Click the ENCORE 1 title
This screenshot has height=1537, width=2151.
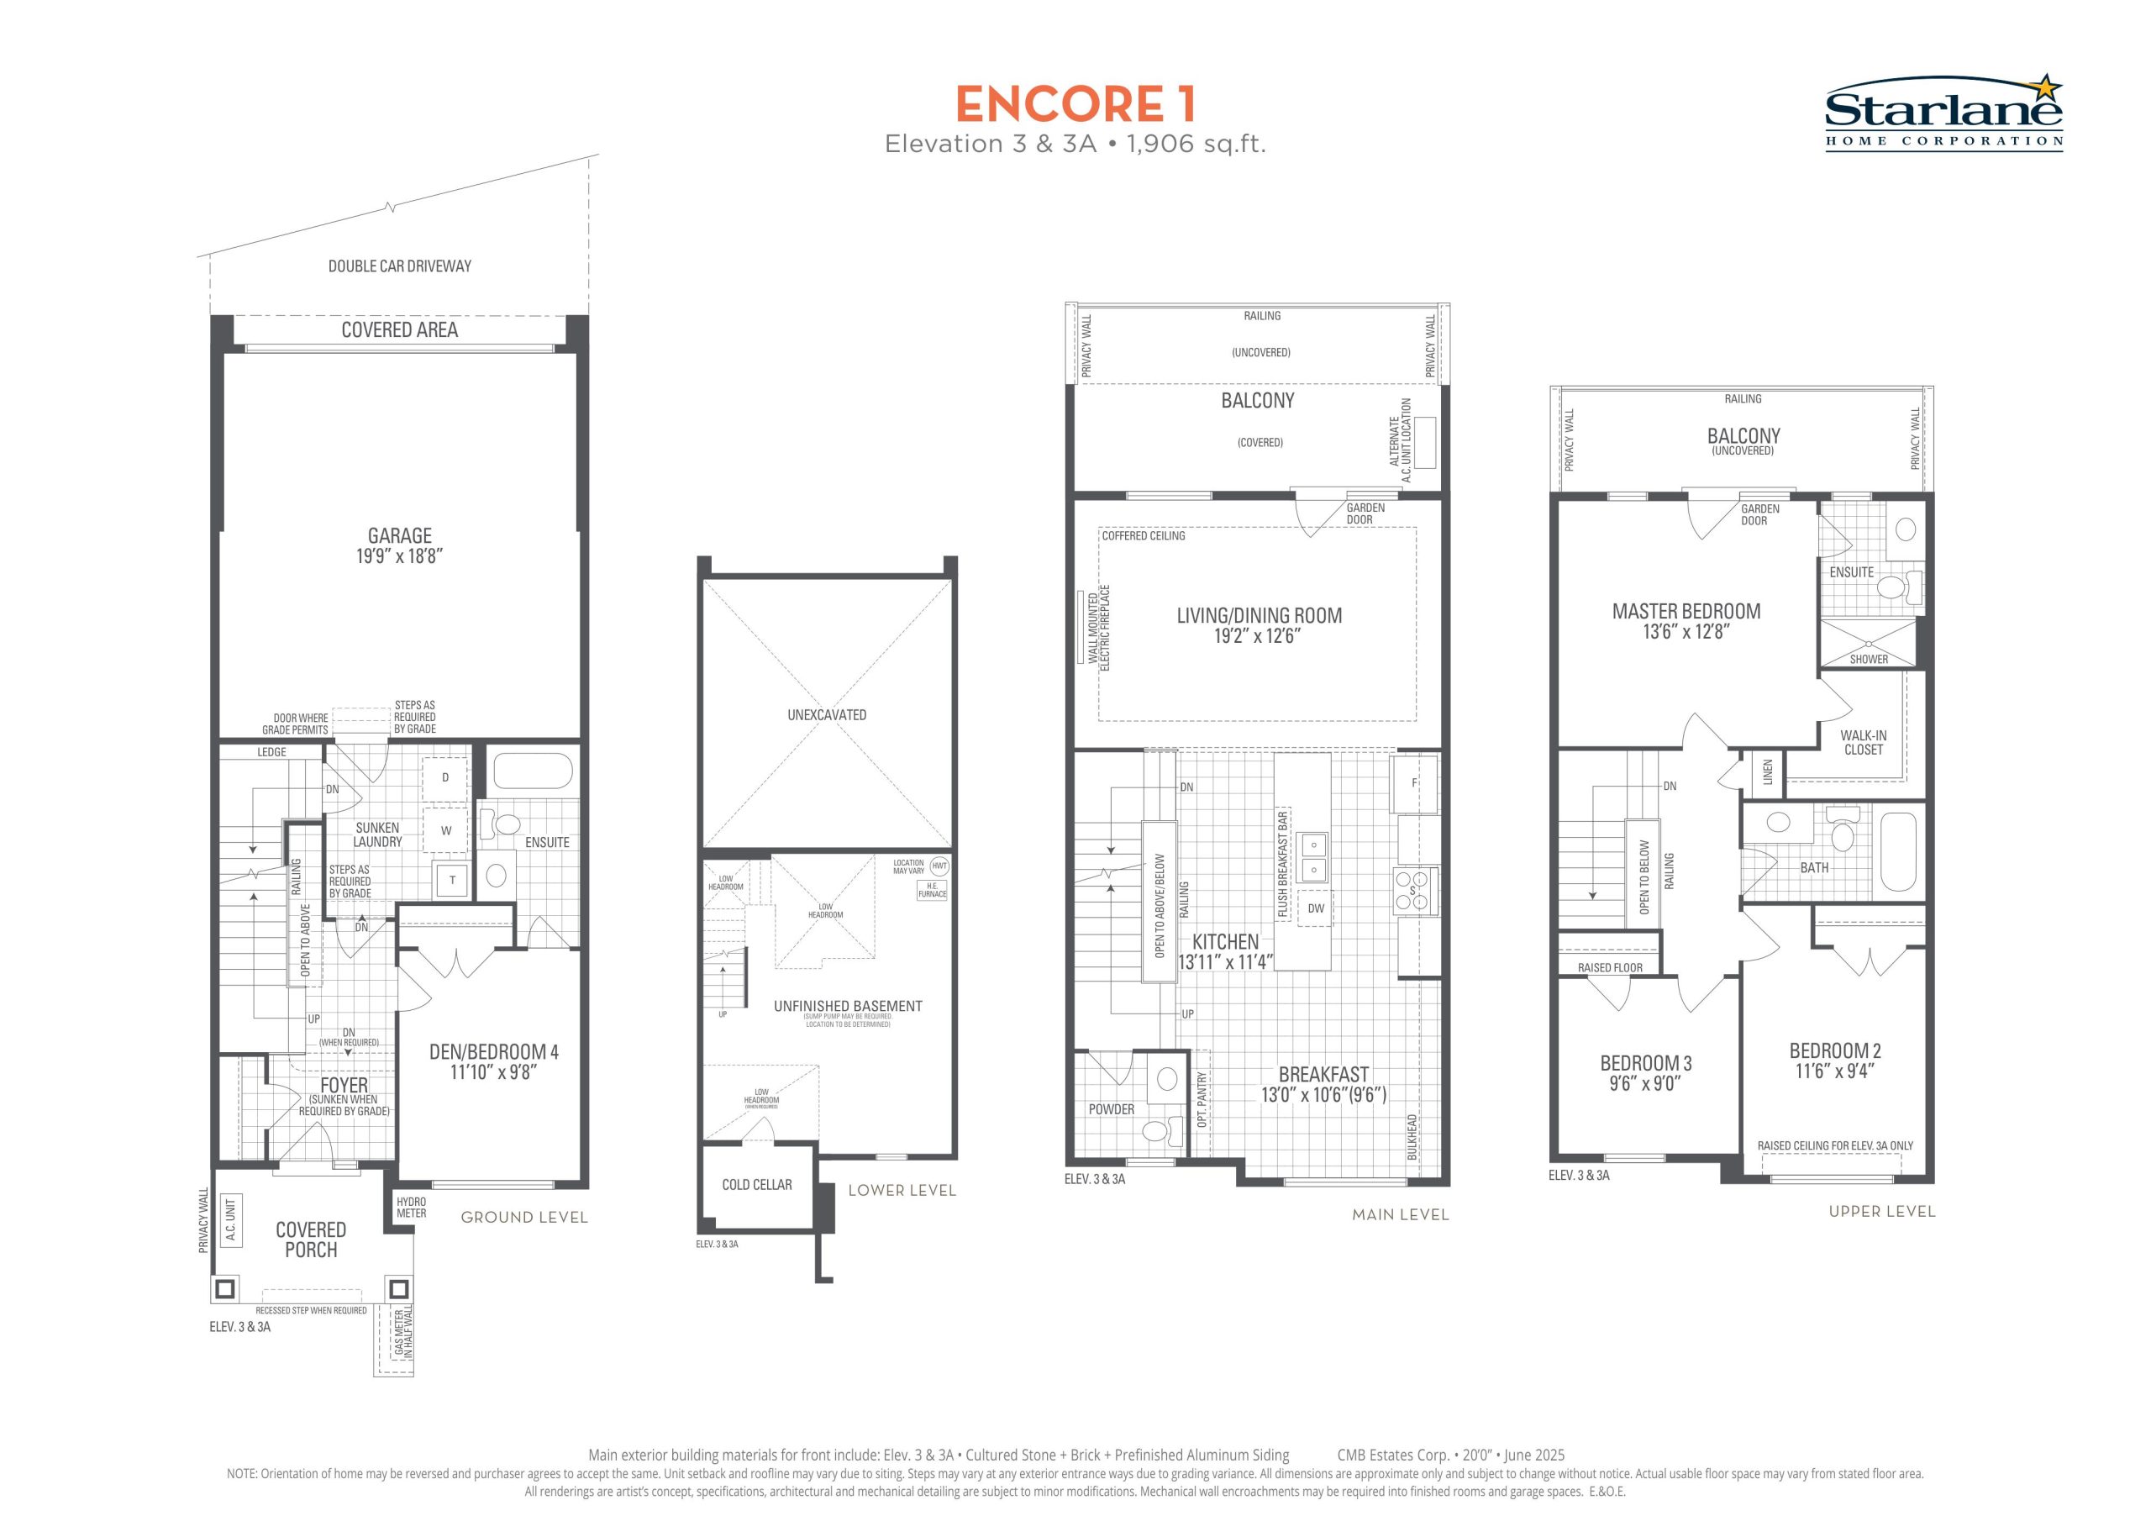(1075, 104)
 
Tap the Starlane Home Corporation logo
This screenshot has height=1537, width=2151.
(1943, 112)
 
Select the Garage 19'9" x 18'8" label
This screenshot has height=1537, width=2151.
(399, 546)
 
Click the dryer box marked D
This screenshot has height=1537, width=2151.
(445, 778)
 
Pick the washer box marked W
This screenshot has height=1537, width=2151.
(445, 831)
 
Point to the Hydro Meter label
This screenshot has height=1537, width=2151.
(412, 1208)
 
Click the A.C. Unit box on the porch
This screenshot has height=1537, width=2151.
(230, 1221)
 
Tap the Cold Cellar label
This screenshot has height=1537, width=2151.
(757, 1184)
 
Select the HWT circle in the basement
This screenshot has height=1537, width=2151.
(939, 866)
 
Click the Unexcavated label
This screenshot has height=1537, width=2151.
(827, 714)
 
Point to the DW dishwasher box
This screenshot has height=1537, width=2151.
(1316, 908)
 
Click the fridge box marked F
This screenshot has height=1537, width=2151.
(1415, 782)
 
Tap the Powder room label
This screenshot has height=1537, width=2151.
(1111, 1109)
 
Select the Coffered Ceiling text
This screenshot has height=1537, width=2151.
(1144, 535)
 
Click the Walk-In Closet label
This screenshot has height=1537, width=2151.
(1864, 742)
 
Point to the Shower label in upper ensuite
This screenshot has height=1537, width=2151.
(1868, 660)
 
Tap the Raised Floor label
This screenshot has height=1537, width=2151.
(1610, 967)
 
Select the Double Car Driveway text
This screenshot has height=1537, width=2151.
(399, 266)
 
